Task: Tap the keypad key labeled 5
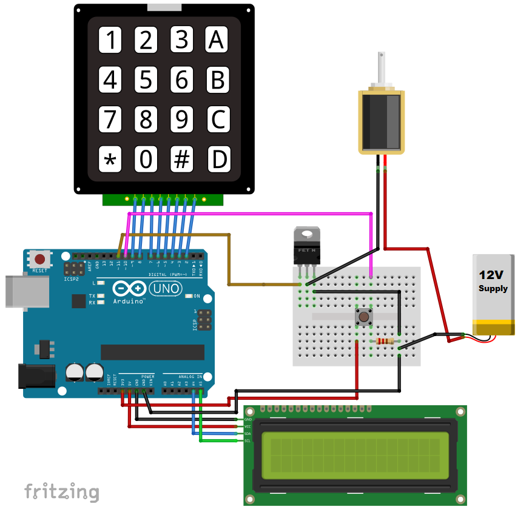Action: tap(146, 79)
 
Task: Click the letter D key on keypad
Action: tap(218, 160)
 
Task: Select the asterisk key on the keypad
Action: tap(110, 160)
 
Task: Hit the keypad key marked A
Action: tap(217, 39)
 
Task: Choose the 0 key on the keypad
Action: tap(146, 160)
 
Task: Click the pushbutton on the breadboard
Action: tap(363, 316)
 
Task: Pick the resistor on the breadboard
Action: tap(384, 341)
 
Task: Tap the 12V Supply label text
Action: tap(493, 280)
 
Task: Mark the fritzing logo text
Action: tap(61, 491)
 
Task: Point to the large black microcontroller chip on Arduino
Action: tap(152, 352)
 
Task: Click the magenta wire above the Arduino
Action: tap(249, 213)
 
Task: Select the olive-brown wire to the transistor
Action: tap(228, 261)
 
